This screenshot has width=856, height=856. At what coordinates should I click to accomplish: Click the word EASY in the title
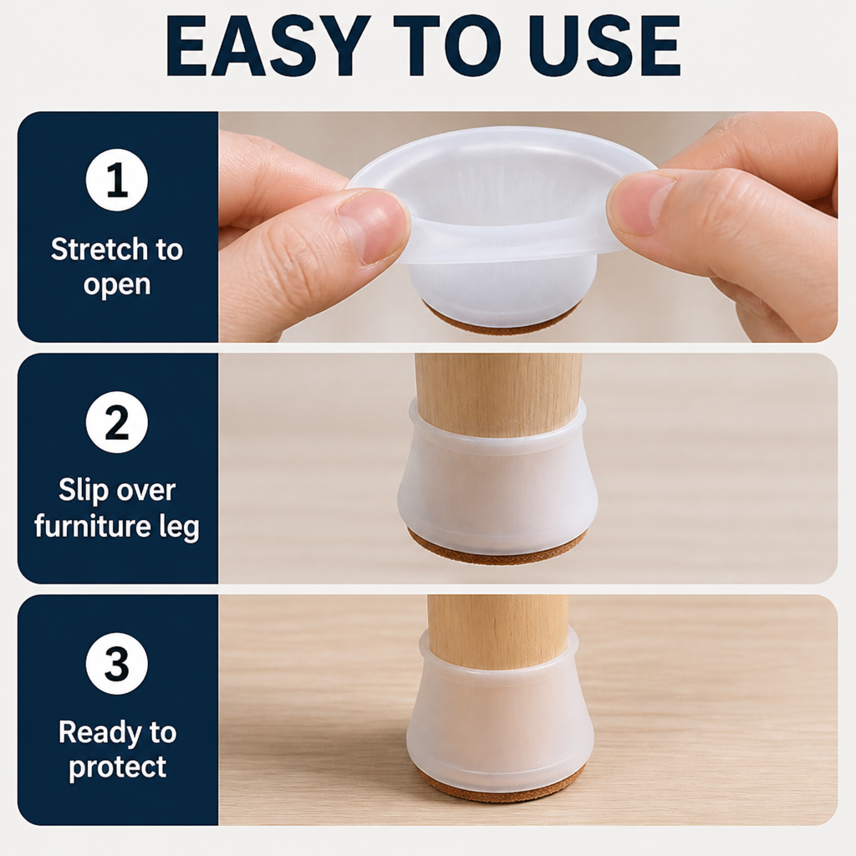click(265, 46)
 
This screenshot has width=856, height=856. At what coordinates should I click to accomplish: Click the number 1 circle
click(117, 181)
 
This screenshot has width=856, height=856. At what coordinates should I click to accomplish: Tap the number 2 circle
click(117, 422)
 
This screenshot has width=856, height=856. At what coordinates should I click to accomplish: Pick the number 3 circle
click(117, 664)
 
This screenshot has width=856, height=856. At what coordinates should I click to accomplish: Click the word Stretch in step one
click(99, 249)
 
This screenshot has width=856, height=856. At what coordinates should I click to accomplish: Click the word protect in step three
click(117, 767)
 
